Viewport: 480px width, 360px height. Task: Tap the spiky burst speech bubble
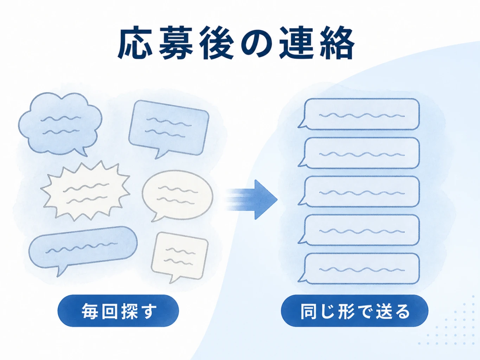(x=85, y=191)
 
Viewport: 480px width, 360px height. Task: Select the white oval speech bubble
(x=178, y=195)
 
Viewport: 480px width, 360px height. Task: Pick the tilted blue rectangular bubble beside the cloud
(x=169, y=129)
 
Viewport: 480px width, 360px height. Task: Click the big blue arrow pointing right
(x=251, y=200)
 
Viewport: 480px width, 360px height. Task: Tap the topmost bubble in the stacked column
(x=359, y=114)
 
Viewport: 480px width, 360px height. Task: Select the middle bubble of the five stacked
(x=359, y=192)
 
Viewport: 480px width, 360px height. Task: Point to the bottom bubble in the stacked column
(x=359, y=269)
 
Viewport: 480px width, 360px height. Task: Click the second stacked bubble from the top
(x=359, y=153)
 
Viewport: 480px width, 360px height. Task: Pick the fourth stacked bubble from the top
(x=359, y=230)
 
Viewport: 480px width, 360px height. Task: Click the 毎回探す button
(x=118, y=311)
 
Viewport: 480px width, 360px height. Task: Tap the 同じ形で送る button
(x=354, y=311)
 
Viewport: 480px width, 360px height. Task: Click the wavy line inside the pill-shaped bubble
(x=81, y=247)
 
